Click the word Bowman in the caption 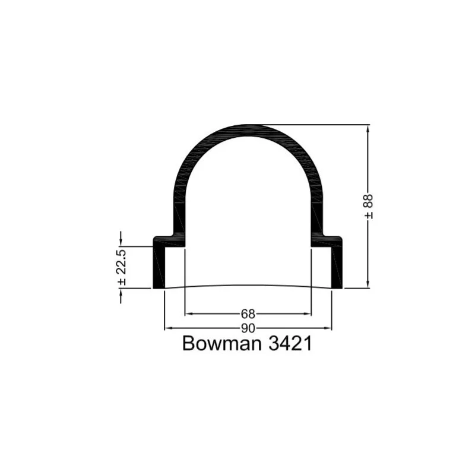coord(221,344)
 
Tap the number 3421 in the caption coord(290,344)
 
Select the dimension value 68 coord(248,314)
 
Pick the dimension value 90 coord(248,328)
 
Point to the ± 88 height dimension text coord(369,207)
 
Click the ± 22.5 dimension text coord(122,267)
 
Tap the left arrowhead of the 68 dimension coord(188,314)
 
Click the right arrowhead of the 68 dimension coord(308,314)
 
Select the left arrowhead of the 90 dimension coord(168,328)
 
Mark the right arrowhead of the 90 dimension coord(328,328)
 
